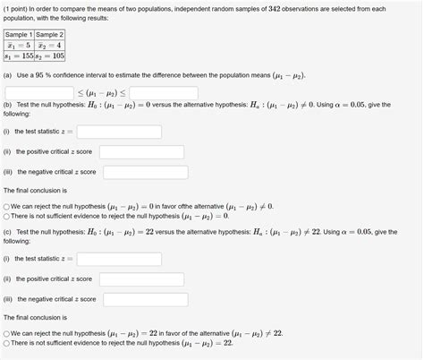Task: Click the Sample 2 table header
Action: pos(50,35)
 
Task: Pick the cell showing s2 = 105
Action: pos(50,55)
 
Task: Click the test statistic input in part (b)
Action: pos(118,132)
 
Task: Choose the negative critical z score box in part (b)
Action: pos(144,171)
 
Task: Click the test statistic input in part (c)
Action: pos(118,259)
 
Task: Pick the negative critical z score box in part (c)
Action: pos(144,299)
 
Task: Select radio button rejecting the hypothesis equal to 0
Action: pos(6,206)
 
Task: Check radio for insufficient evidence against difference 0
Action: pos(6,216)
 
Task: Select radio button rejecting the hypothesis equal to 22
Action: pos(6,333)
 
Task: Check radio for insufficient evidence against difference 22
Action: pos(6,343)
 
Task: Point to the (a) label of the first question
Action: pos(9,76)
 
